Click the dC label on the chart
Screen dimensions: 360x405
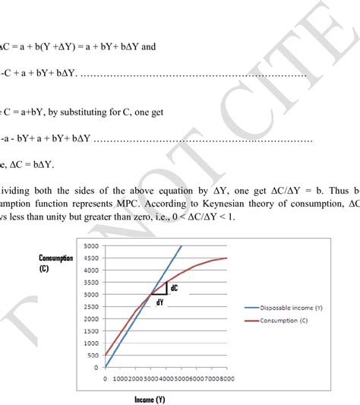tap(173, 288)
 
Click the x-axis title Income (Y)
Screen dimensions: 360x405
tap(149, 399)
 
